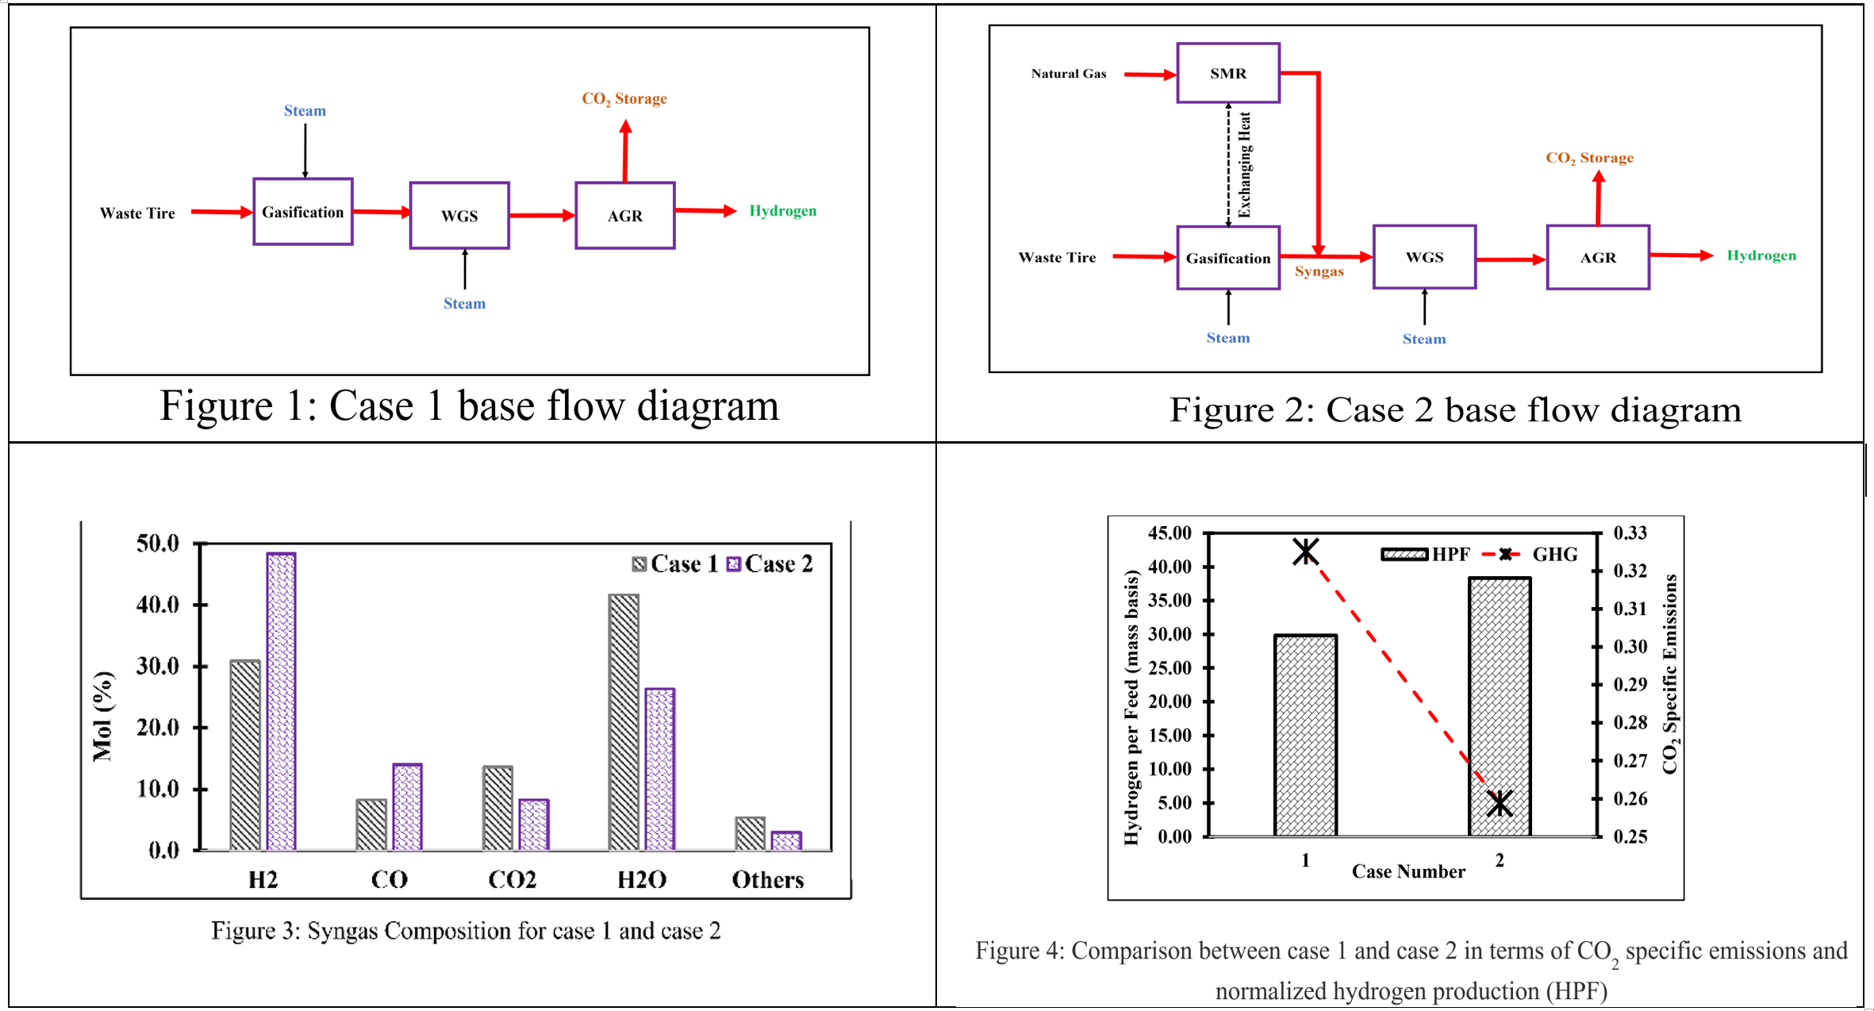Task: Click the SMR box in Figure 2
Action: click(x=1227, y=73)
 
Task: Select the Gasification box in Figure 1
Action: click(x=302, y=212)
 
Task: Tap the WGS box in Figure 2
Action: click(x=1424, y=257)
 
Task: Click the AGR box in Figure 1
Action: click(x=624, y=216)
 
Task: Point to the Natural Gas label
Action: click(x=1068, y=74)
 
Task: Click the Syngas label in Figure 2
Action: click(x=1319, y=271)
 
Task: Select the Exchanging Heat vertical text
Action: click(x=1244, y=165)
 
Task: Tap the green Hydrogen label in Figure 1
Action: click(x=782, y=211)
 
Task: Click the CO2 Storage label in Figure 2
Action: click(x=1589, y=158)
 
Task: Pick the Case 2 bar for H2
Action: click(x=282, y=702)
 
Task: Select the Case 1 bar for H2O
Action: click(x=624, y=722)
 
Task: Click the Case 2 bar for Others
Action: click(x=785, y=841)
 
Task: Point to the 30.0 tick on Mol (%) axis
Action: click(x=158, y=666)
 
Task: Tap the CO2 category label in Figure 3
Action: click(x=512, y=879)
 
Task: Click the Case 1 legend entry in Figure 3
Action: click(x=674, y=563)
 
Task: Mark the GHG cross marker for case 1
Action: click(x=1305, y=552)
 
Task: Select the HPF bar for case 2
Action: click(x=1499, y=706)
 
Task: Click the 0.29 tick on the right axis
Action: click(x=1630, y=684)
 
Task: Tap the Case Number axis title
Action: click(x=1408, y=871)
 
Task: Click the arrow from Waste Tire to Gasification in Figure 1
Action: click(x=221, y=212)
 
